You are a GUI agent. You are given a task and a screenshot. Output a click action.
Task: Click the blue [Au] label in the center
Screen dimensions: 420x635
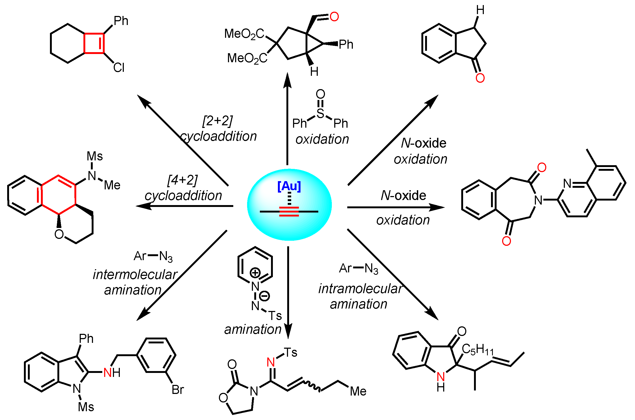pos(289,186)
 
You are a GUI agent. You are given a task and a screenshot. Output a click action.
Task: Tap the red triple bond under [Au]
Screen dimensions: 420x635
pos(289,211)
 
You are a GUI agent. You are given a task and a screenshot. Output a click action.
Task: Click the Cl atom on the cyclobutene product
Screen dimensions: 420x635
pos(118,68)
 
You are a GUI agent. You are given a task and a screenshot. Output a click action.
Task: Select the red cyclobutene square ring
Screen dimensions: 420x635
pos(94,43)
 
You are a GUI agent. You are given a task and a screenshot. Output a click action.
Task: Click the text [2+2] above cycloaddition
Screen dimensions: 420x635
pos(217,121)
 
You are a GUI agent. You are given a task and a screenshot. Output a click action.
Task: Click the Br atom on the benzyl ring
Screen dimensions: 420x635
pos(177,390)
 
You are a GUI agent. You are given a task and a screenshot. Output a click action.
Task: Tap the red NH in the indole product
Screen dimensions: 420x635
pos(112,373)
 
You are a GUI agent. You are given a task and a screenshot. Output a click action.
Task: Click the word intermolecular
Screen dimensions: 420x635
pos(135,275)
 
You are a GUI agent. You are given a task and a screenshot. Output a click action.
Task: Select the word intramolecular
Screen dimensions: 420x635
pos(360,289)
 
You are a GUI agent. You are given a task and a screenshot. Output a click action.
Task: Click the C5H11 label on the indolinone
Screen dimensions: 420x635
pos(477,350)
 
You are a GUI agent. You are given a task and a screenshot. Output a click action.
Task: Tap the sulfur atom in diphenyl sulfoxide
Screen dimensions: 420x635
pos(320,114)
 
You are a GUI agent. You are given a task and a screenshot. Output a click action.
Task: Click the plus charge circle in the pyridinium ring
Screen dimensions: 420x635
pos(255,273)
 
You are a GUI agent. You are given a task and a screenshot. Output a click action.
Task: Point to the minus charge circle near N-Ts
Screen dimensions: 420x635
pos(264,296)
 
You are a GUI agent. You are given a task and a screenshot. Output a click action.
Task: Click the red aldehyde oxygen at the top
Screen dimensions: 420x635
pos(334,16)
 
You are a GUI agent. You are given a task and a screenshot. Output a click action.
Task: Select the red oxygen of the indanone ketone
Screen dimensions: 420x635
pos(480,78)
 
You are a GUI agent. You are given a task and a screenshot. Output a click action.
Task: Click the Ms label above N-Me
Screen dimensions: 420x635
pos(95,156)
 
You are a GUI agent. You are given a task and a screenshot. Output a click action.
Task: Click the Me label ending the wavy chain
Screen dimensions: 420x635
pos(358,391)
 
